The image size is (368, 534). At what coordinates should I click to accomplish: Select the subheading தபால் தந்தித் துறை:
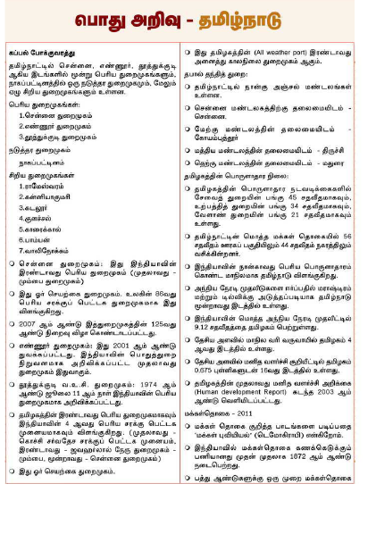(221, 74)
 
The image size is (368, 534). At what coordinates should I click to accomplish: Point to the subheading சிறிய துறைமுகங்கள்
(46, 174)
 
